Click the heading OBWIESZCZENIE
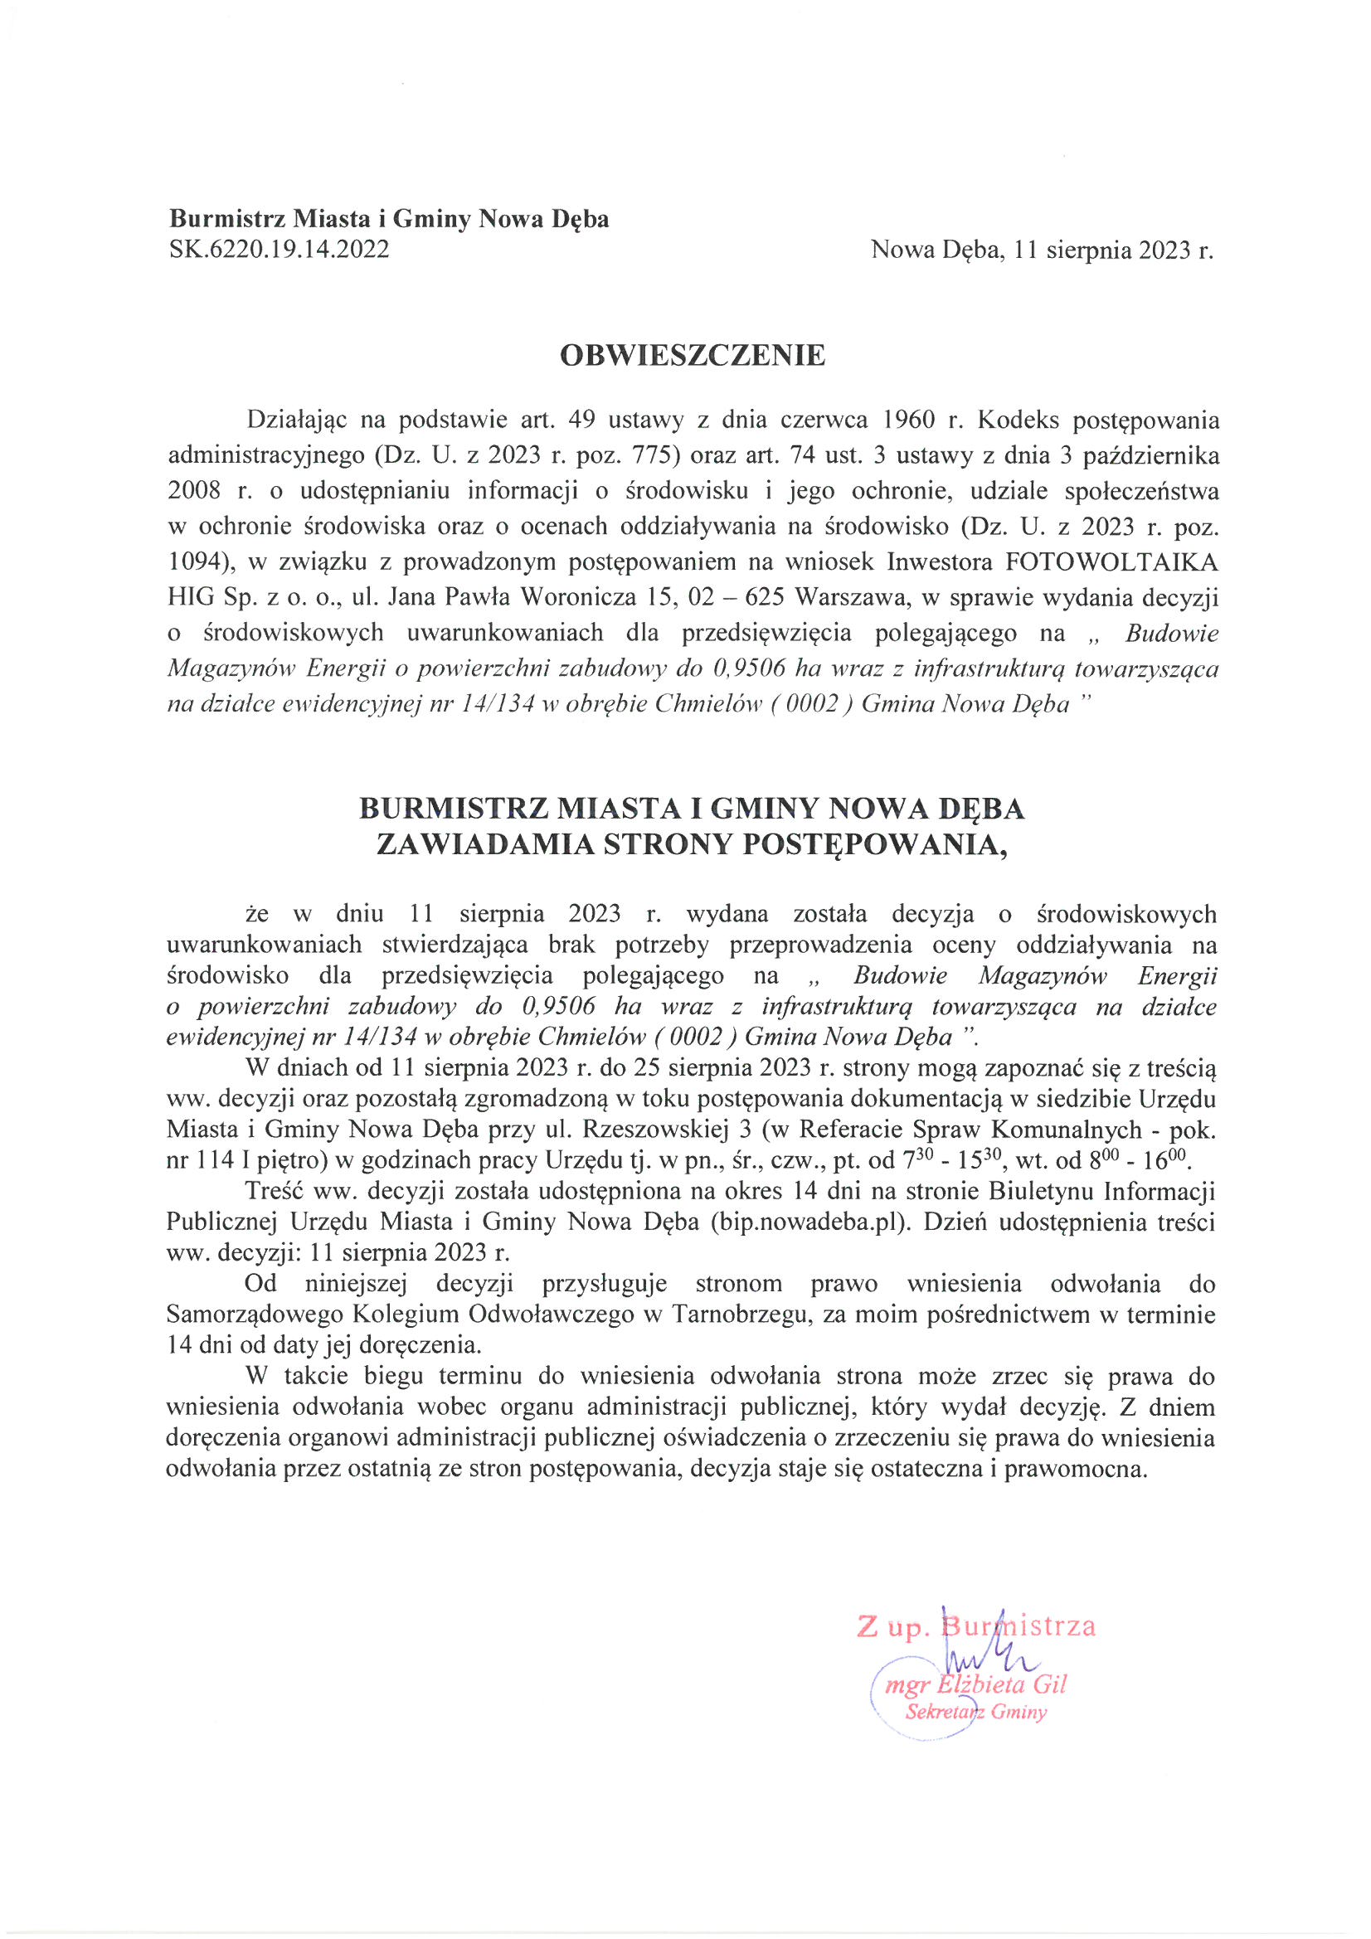(x=692, y=356)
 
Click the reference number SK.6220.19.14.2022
(x=279, y=250)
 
